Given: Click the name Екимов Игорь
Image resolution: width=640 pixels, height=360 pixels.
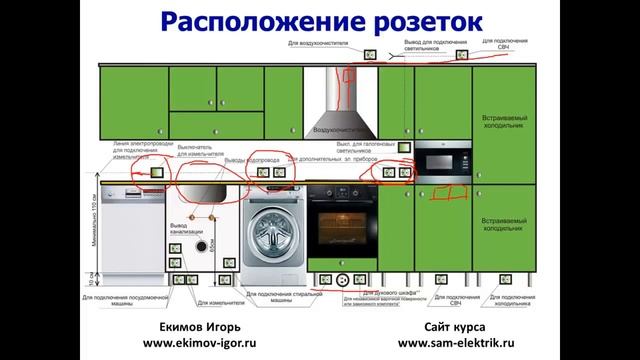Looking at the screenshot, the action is [200, 327].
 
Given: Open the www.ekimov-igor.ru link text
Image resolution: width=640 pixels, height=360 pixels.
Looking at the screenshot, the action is [200, 344].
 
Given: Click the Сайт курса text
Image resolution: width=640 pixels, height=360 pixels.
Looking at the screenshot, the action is [455, 327].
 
